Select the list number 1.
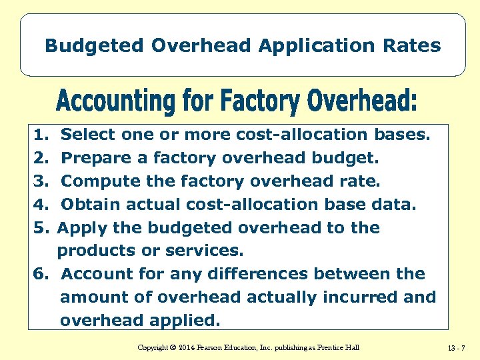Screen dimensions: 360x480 (x=39, y=135)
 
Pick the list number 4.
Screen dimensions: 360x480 (x=39, y=205)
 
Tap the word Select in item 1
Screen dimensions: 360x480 (x=88, y=135)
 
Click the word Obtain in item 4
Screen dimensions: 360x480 (x=88, y=205)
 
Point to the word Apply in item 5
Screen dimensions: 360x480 (x=82, y=228)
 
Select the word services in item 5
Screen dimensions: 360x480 (x=212, y=251)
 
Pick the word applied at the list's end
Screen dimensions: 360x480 (x=181, y=321)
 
